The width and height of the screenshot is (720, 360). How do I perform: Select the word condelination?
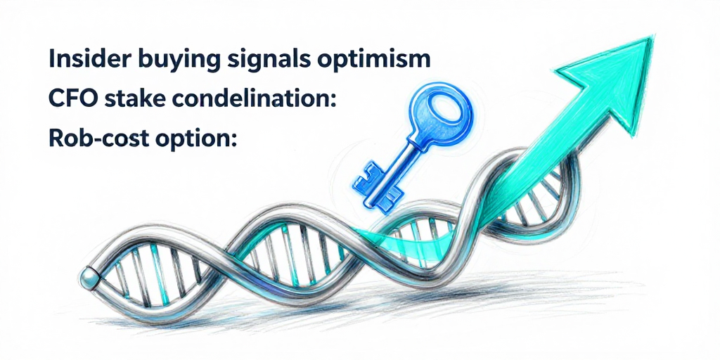tap(246, 99)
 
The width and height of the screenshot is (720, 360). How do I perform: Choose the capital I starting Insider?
tap(52, 59)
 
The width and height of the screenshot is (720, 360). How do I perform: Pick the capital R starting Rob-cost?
tap(57, 139)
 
